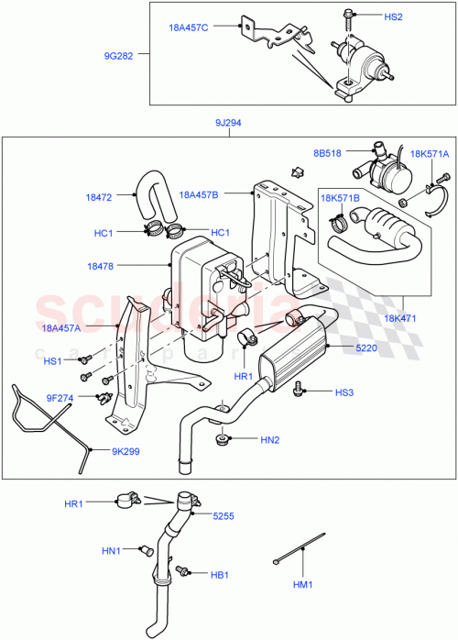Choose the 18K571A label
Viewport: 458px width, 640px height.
[430, 155]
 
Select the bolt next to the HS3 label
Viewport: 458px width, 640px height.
[300, 392]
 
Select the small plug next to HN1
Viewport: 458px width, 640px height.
[144, 550]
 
